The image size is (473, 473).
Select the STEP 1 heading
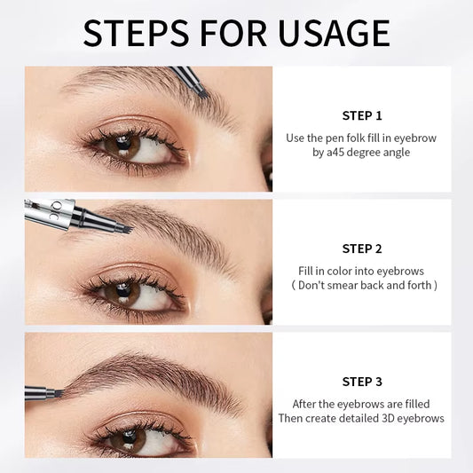click(x=361, y=115)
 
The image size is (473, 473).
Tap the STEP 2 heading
click(x=361, y=248)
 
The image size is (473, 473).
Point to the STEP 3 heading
click(x=361, y=382)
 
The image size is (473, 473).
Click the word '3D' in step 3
click(x=384, y=418)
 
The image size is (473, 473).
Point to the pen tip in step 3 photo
click(x=55, y=392)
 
